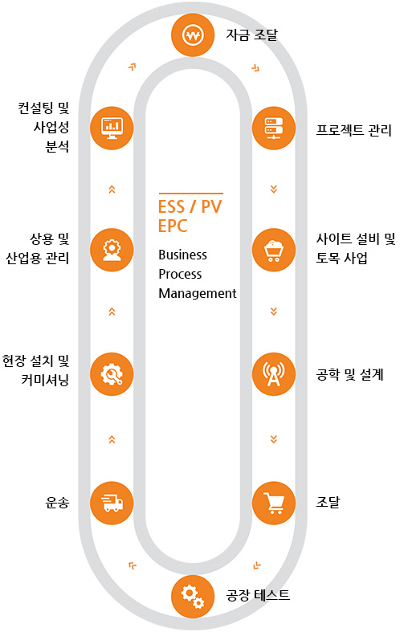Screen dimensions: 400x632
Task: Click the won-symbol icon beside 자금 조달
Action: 193,35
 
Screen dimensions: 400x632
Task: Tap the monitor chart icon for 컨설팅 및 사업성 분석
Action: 112,128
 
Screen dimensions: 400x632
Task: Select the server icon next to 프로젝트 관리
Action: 274,128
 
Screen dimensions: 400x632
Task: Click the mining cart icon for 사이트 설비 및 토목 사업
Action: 274,250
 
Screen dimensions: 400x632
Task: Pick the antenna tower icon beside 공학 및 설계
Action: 274,374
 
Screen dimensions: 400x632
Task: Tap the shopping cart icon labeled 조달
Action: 274,503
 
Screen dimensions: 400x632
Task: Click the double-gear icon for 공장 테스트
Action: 193,597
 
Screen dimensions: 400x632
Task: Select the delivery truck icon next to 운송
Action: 112,503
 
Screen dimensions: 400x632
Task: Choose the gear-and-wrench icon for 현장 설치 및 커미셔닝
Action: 112,374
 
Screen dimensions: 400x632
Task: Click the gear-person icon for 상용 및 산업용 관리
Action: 112,250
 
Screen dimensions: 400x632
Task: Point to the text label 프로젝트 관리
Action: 353,130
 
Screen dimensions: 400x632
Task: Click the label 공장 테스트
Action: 258,595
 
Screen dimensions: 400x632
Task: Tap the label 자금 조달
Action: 251,35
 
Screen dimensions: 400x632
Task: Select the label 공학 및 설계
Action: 349,375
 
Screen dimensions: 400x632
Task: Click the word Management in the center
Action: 197,293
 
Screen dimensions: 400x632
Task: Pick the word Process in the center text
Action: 180,274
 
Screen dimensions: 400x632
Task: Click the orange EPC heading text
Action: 173,226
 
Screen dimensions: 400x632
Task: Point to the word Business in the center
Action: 182,255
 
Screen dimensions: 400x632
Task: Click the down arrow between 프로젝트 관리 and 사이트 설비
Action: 274,189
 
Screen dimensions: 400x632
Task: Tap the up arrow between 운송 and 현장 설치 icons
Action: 112,439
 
